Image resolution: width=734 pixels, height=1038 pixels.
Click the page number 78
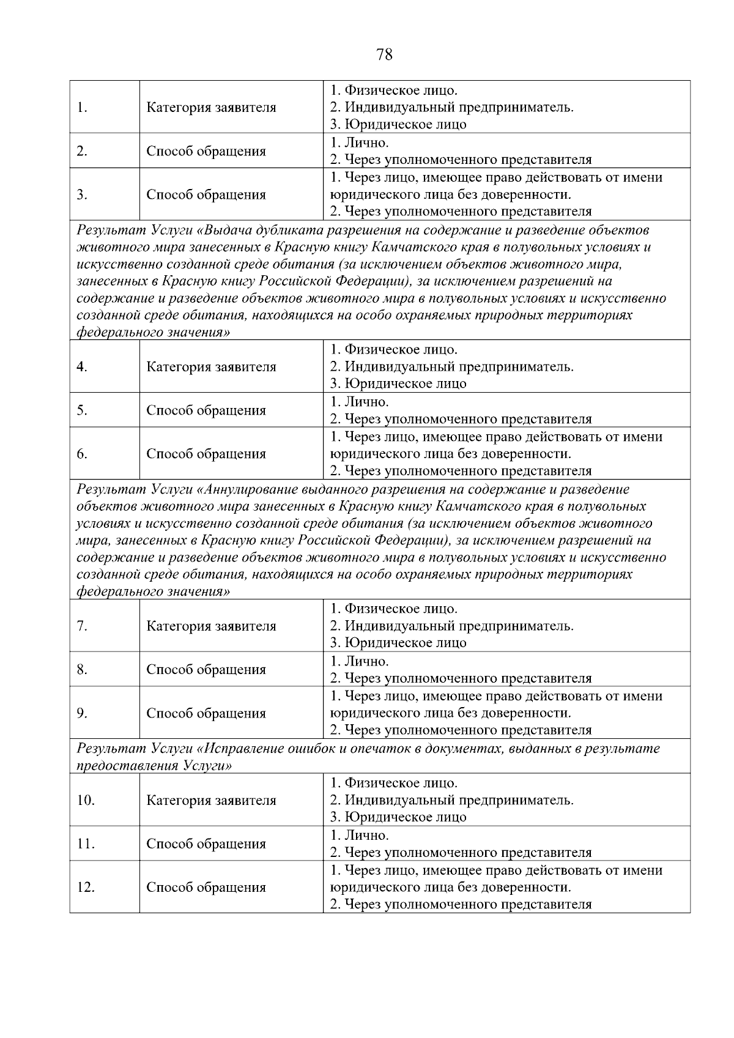[384, 55]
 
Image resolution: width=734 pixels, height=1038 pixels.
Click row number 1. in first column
[82, 108]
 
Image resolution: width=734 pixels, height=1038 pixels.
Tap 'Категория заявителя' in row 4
[211, 367]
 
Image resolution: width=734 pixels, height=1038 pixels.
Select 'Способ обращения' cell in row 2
[206, 151]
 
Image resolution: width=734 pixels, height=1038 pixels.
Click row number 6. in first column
[82, 454]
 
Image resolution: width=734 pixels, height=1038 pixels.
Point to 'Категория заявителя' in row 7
[211, 626]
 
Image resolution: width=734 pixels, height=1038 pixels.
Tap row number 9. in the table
[82, 713]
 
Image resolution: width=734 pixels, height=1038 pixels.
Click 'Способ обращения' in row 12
[206, 888]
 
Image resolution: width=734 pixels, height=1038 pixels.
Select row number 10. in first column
[86, 801]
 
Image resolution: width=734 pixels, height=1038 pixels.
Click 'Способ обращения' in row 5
[206, 410]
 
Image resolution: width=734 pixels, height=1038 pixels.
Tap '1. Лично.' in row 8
[360, 661]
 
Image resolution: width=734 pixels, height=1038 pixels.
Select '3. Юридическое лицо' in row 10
[398, 817]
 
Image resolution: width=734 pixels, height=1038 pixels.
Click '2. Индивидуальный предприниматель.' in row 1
[451, 108]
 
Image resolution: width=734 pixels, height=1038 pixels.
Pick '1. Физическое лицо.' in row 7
[394, 609]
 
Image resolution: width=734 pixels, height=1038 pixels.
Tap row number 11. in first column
[86, 844]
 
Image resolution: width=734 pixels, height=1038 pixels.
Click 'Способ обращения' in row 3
[206, 195]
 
